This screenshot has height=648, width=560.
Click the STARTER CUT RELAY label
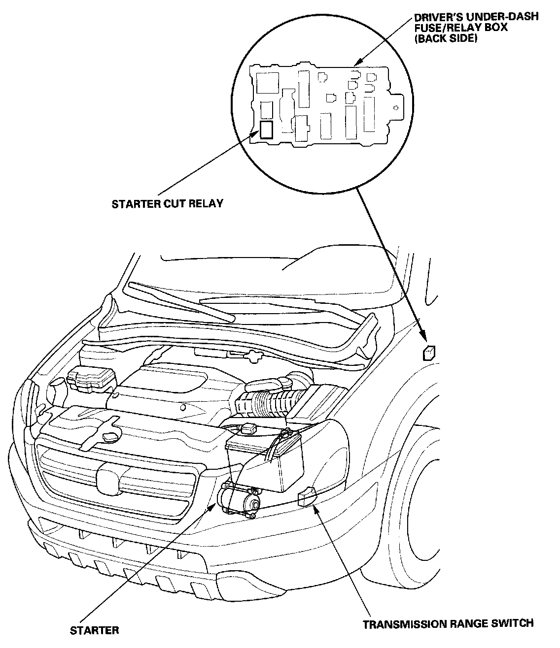pos(167,204)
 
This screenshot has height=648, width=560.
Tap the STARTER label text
pos(94,630)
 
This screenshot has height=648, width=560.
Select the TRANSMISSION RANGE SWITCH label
pos(448,623)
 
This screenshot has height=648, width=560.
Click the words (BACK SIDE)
pos(446,38)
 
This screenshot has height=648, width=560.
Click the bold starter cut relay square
pos(267,130)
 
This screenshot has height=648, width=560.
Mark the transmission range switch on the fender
pos(307,496)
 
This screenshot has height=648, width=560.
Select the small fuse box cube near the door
pos(429,353)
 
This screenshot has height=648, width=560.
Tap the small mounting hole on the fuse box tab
pos(396,108)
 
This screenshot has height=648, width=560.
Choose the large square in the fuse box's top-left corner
pos(268,83)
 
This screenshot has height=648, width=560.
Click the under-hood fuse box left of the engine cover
pos(91,380)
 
